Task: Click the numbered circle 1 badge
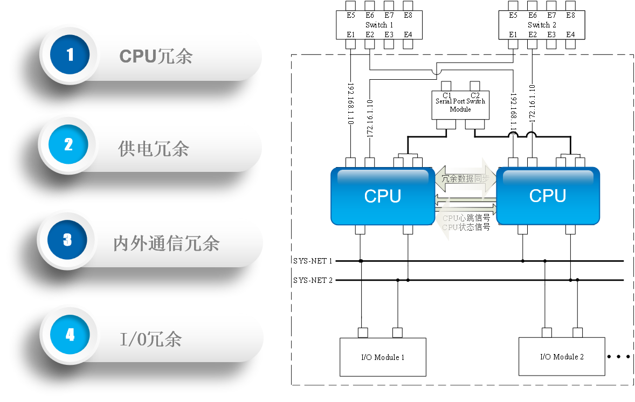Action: coord(69,55)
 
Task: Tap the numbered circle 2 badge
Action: coord(68,144)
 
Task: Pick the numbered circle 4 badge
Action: coord(70,335)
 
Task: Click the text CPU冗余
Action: coord(156,56)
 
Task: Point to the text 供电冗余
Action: coord(154,148)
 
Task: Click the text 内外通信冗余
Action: coord(166,244)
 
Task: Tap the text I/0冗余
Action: coord(150,339)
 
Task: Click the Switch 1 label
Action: coord(379,25)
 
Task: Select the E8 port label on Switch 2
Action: coord(570,16)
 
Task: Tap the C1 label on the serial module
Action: coord(447,95)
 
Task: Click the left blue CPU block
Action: coord(382,196)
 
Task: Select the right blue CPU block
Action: coord(548,196)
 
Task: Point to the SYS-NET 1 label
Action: coord(313,261)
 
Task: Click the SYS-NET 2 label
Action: coord(313,280)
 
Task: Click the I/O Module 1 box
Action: coord(383,357)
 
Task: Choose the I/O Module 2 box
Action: coord(562,356)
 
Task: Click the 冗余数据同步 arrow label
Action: coord(465,179)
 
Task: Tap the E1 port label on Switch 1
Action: coord(351,34)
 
